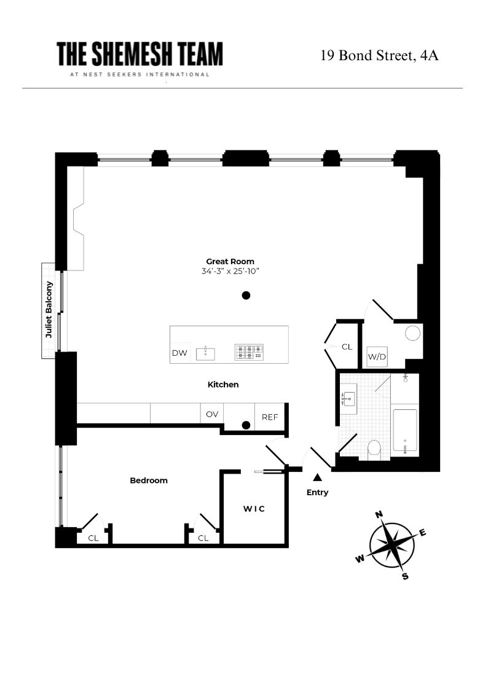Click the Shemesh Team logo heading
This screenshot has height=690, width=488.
pos(140,55)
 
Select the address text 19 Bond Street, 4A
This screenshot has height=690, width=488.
pos(379,56)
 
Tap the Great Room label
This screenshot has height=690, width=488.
pos(230,261)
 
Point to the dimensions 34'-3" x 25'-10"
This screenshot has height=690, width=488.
pos(230,272)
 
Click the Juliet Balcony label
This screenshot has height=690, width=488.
pos(48,310)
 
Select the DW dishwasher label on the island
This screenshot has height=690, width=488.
pos(179,353)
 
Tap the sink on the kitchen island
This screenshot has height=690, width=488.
pos(205,353)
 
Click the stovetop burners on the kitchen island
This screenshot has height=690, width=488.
pos(248,352)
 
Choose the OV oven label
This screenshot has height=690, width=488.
pos(212,414)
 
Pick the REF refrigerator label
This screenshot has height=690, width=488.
pos(270,417)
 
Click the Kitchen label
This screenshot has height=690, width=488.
pos(222,385)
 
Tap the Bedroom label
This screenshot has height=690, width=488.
pos(148,480)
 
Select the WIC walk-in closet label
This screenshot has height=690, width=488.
pos(254,509)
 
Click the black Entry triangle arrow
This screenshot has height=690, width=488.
pos(317,477)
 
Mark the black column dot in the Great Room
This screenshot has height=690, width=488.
pos(246,296)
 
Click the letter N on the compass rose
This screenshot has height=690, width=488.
pos(379,514)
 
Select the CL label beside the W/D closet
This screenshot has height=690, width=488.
pos(347,347)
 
